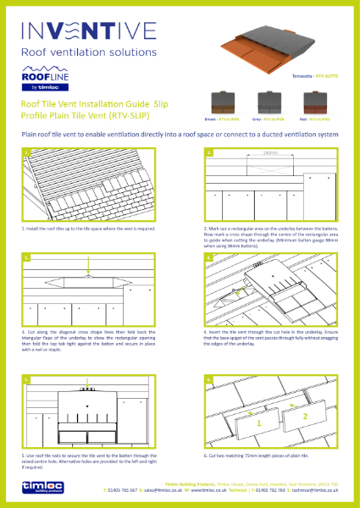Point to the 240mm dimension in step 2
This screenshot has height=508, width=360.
click(x=270, y=154)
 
